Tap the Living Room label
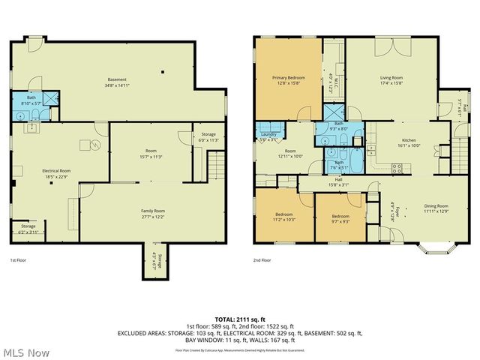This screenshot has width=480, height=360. coord(391,77)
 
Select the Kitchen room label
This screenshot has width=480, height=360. coord(409,140)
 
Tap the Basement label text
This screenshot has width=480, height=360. coord(116,79)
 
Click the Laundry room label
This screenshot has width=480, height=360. coord(267,135)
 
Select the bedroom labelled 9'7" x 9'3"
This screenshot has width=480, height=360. coord(340,217)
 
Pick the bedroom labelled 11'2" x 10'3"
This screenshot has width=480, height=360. coord(283,217)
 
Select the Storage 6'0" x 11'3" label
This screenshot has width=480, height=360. coord(208,136)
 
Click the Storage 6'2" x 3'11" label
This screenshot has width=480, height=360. coord(28,227)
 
